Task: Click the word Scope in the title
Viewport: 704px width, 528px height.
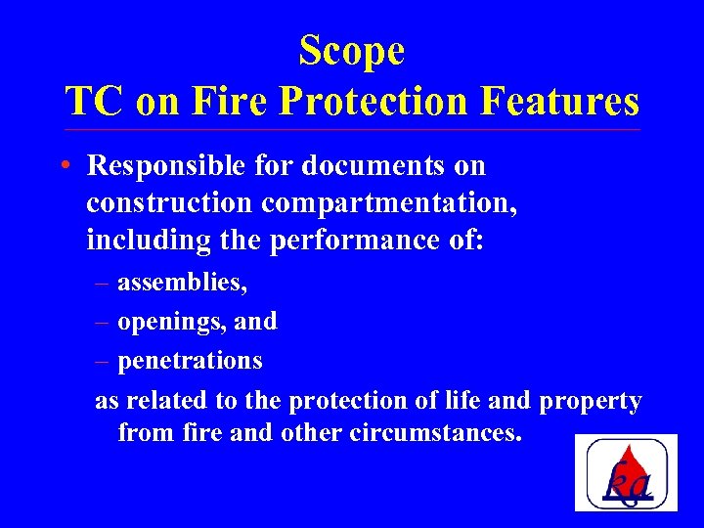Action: click(352, 50)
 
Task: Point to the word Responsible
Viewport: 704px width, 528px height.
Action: click(165, 166)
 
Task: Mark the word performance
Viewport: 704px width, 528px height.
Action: click(355, 240)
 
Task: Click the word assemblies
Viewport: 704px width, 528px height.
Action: click(182, 283)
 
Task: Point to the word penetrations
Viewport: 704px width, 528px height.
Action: click(190, 361)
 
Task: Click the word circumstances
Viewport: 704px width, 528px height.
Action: click(434, 432)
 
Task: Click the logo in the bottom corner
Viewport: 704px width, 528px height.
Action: click(626, 472)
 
